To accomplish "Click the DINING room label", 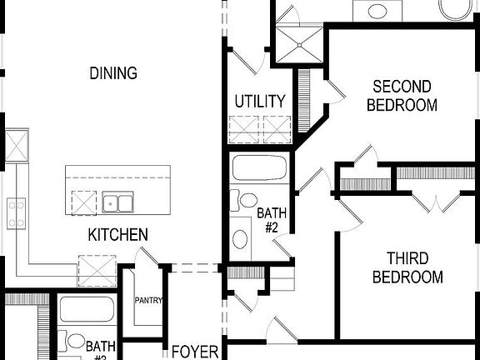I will click(x=113, y=73).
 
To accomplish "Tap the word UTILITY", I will click(x=260, y=102).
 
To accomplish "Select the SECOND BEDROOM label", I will click(x=402, y=96).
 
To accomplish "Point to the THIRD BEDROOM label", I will click(x=407, y=267).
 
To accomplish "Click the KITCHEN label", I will click(x=118, y=236).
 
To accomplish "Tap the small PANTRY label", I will click(x=148, y=301).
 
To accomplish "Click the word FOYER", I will click(x=194, y=352).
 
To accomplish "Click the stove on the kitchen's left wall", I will click(x=16, y=212).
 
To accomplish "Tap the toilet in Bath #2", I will click(x=247, y=201).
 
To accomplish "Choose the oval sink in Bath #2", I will click(x=241, y=239).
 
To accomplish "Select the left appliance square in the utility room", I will click(x=245, y=130).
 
